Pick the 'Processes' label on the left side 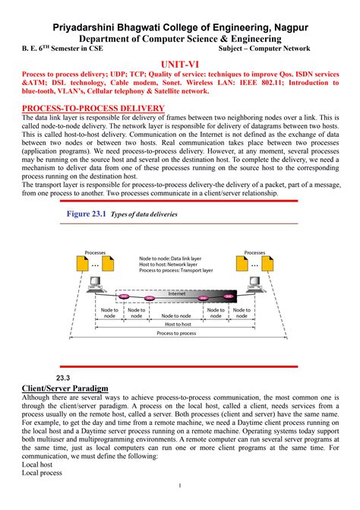(x=95, y=252)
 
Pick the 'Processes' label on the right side (x=254, y=252)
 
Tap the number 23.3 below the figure (x=63, y=378)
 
